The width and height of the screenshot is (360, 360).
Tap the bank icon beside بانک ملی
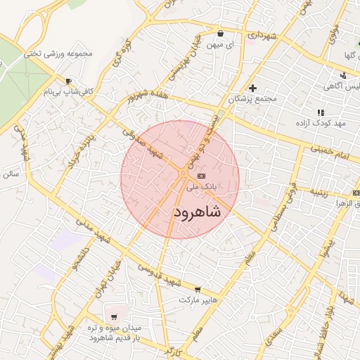[202, 176]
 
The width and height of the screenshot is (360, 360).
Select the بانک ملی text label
[202, 188]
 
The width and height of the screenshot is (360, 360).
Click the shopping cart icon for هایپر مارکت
[198, 289]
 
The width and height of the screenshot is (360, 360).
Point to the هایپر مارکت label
[195, 300]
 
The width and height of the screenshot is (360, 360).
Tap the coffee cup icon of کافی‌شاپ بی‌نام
[68, 81]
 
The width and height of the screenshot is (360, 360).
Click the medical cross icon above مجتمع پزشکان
[252, 88]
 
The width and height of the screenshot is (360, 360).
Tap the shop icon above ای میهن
[220, 33]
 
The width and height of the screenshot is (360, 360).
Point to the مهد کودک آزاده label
[321, 124]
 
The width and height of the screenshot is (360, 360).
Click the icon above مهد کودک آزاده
[321, 112]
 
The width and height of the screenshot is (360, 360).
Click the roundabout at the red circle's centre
[181, 172]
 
